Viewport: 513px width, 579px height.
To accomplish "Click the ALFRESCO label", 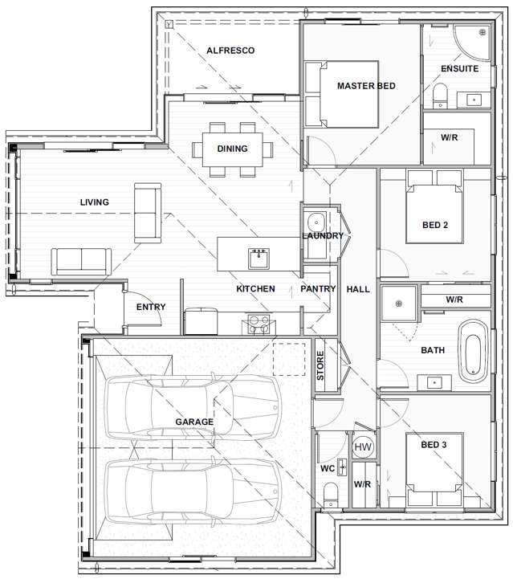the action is pos(230,51).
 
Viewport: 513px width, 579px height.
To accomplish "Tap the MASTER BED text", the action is pos(366,86).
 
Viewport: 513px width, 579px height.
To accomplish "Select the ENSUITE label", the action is pos(459,68).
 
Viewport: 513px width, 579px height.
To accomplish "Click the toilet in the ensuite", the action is pos(440,96).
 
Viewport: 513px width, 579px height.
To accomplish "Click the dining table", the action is pos(233,149).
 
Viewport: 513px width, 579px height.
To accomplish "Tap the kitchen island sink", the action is pos(259,259).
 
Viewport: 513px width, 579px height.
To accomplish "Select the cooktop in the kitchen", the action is pos(259,324).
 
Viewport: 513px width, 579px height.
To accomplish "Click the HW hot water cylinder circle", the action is pos(363,446).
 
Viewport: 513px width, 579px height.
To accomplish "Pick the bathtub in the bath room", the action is pos(473,352).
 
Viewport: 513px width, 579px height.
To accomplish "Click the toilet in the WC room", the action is pos(331,495).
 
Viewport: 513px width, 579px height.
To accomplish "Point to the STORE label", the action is pos(320,365).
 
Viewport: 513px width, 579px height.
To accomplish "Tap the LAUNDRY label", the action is pos(323,235).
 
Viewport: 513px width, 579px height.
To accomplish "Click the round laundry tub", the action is pos(316,222).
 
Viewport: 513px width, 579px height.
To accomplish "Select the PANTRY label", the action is pos(318,289).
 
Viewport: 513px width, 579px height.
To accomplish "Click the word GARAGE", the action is pos(194,422).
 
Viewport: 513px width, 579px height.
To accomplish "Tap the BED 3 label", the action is pos(434,445).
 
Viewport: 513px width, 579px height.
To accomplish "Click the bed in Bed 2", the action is pos(434,207).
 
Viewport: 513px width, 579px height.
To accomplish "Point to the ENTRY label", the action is pos(151,307).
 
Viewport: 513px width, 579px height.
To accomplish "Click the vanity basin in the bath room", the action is pos(434,382).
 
